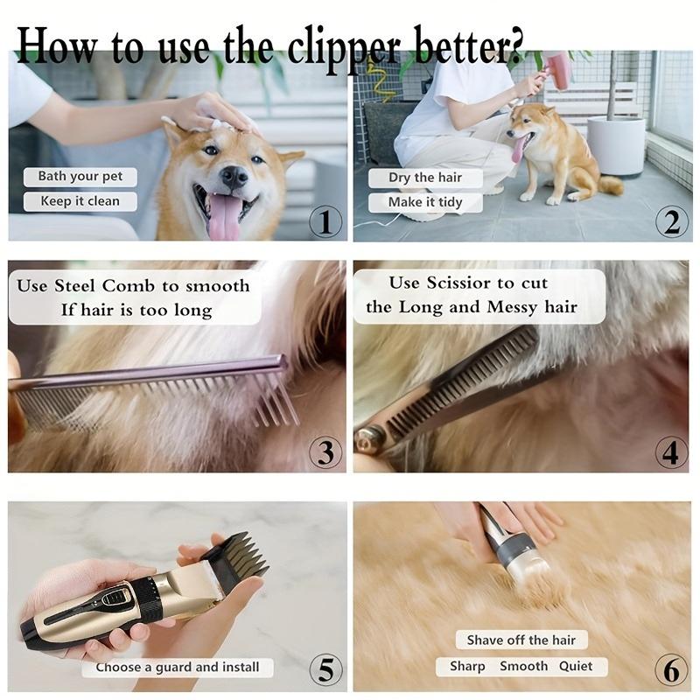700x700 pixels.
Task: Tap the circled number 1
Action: (325, 221)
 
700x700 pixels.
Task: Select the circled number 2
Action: (671, 221)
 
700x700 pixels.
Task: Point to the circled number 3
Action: (325, 452)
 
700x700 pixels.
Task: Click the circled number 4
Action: (671, 452)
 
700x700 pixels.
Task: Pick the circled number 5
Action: (325, 671)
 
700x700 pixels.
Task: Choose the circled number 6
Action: (671, 671)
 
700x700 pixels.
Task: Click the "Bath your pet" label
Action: (80, 177)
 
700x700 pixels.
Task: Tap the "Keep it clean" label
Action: (80, 201)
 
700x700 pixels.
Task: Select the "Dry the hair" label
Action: (424, 178)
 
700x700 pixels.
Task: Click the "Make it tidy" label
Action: (424, 202)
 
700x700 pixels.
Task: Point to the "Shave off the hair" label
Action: (521, 640)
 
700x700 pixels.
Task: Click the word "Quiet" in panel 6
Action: (576, 667)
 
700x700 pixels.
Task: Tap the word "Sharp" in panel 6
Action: (467, 667)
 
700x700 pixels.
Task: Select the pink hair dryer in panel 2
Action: (556, 68)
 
